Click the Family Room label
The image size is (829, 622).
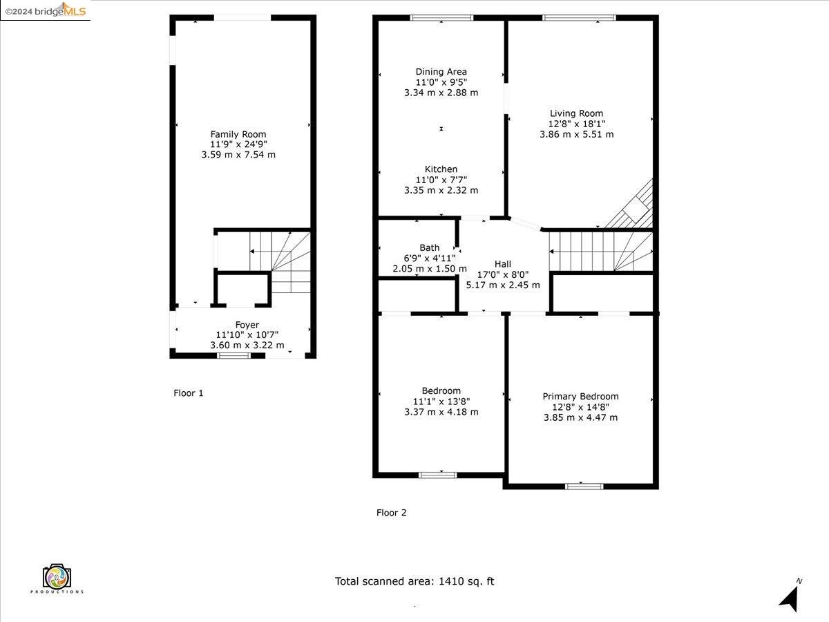pyautogui.click(x=238, y=134)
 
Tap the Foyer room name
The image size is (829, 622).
pyautogui.click(x=247, y=325)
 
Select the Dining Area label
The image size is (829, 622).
pyautogui.click(x=441, y=72)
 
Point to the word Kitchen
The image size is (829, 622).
pyautogui.click(x=441, y=169)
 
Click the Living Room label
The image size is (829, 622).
pyautogui.click(x=576, y=113)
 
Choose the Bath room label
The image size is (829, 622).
pyautogui.click(x=430, y=247)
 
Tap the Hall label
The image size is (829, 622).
pyautogui.click(x=503, y=264)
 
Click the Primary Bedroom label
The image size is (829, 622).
pyautogui.click(x=580, y=396)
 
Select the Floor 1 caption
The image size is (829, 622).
pyautogui.click(x=188, y=393)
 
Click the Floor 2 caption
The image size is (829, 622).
pyautogui.click(x=391, y=513)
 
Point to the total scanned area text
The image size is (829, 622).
pyautogui.click(x=414, y=581)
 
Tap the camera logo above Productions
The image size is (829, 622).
pyautogui.click(x=57, y=576)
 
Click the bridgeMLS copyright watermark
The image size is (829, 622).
pyautogui.click(x=46, y=10)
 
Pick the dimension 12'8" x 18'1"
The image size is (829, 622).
pyautogui.click(x=576, y=124)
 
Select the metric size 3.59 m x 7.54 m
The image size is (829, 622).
pyautogui.click(x=238, y=154)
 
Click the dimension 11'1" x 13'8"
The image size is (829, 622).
pyautogui.click(x=441, y=401)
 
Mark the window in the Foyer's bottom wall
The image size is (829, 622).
pyautogui.click(x=234, y=355)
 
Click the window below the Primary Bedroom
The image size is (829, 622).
pyautogui.click(x=584, y=486)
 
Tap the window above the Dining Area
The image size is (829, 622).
pyautogui.click(x=441, y=18)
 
